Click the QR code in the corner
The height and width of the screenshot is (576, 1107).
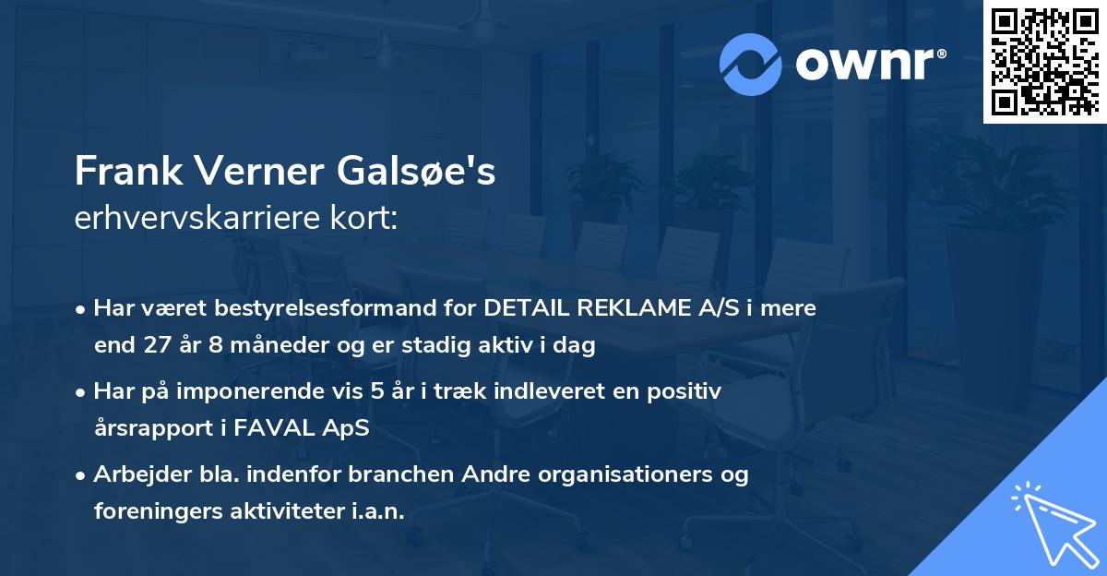pos(1045,62)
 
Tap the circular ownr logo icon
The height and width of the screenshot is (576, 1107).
pos(751,65)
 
